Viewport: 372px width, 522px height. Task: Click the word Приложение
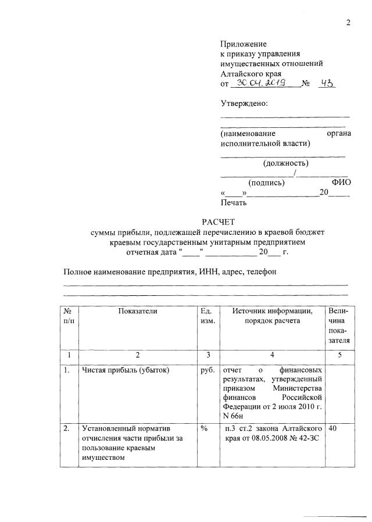pyautogui.click(x=243, y=44)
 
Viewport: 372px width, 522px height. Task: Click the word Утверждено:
pyautogui.click(x=244, y=103)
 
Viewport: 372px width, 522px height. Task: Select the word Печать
pyautogui.click(x=234, y=203)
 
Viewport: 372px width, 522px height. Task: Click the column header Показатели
pyautogui.click(x=138, y=311)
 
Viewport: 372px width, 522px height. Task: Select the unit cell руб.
pyautogui.click(x=208, y=370)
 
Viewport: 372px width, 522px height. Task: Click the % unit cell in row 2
pyautogui.click(x=204, y=428)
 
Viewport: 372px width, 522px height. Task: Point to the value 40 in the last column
pyautogui.click(x=333, y=428)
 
